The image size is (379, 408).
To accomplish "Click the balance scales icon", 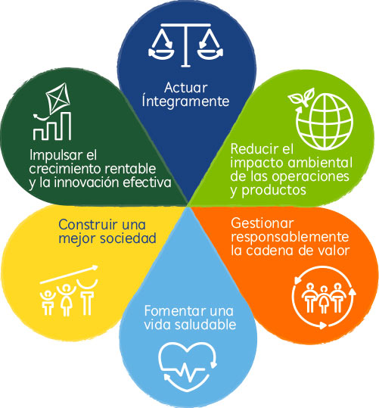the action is coord(185,45).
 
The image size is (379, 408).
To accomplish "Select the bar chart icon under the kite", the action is coord(52,126).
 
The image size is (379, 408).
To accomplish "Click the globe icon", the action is coord(325,121).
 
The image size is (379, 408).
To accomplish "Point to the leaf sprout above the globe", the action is coord(302,97).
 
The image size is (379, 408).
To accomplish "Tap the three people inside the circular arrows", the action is coord(323,298).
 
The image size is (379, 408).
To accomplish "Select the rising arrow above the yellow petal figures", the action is coord(69,275).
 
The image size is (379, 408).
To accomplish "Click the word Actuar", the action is coord(186,88).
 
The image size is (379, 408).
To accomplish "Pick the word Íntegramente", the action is coord(185,101).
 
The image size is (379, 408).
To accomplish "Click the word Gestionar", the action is coord(263,223).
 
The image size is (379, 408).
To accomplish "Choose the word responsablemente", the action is coord(290,237).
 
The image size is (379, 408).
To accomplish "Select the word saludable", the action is coord(205,325).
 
